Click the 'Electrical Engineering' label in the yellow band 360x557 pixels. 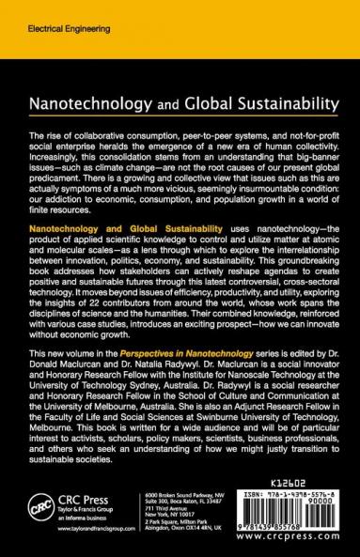tap(42, 17)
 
